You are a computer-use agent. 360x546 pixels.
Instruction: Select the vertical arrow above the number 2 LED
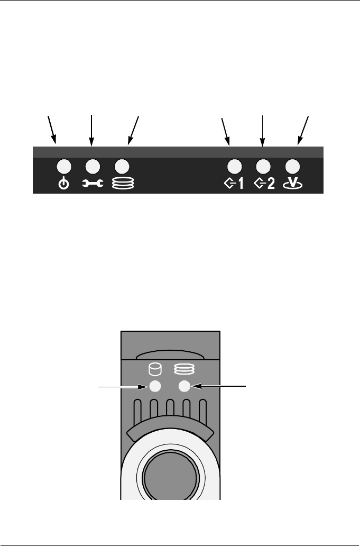[x=262, y=129]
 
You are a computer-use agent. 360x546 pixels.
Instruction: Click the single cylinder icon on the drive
[x=154, y=368]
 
